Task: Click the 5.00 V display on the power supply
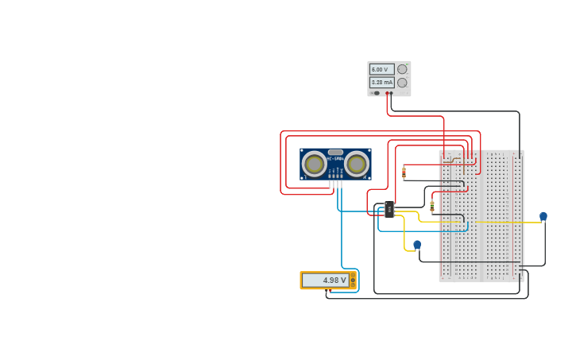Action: coord(381,69)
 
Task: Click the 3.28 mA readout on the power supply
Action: coord(381,83)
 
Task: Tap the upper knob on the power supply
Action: coord(402,69)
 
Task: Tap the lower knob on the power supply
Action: coord(402,83)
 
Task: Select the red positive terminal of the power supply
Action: coord(387,93)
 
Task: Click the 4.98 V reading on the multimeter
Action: coord(325,280)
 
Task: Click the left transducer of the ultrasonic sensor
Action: coord(314,164)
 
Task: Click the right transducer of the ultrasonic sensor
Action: coord(357,164)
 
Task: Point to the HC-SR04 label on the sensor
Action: coord(335,158)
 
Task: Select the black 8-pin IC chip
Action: coord(389,211)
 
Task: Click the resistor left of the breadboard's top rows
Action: coord(404,172)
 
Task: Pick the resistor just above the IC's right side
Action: coord(432,207)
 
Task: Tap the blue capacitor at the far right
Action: coord(543,216)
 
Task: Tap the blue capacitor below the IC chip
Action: coord(417,245)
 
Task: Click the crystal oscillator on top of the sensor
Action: coord(335,152)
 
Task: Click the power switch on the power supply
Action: coord(375,93)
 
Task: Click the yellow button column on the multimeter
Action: coord(353,280)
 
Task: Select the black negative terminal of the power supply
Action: coord(391,93)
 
